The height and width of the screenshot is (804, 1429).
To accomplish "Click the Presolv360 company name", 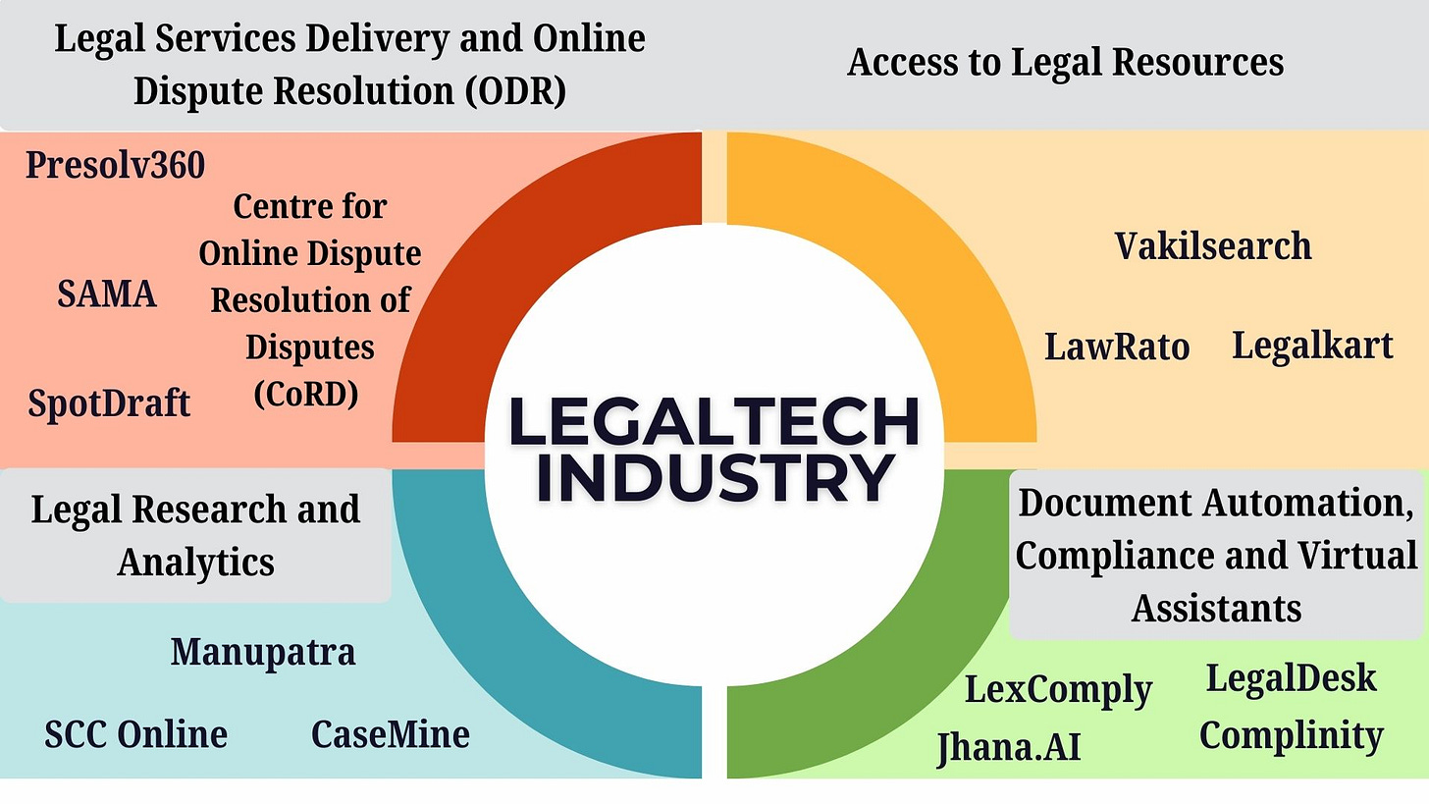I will coord(115,165).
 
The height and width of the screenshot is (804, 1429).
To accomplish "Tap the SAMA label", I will coord(106,294).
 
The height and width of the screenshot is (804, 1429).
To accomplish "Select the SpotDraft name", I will coord(109,402).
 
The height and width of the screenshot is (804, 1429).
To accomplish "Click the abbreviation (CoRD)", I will coord(306,394).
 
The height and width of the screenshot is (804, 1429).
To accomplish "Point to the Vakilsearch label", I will coord(1213,245).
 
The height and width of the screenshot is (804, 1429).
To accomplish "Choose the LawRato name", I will coord(1117,347).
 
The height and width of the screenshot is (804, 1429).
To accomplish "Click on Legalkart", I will coord(1312,345).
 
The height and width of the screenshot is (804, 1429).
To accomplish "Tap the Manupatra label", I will coord(263,652).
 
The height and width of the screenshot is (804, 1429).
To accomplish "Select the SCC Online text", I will coord(136,734).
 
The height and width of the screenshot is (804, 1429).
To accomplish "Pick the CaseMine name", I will coord(390,734).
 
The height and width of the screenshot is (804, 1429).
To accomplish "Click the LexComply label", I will coord(1058,689).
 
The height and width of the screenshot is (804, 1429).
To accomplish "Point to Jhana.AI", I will coord(1008,747).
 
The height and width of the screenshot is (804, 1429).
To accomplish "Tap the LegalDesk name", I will coord(1291,677).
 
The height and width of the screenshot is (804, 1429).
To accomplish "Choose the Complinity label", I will coord(1291,734).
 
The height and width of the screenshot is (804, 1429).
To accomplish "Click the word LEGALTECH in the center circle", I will coord(714,422).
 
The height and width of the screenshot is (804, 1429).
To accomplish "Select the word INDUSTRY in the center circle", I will coord(714,478).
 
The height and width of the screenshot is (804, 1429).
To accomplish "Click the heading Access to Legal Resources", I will coord(1065,63).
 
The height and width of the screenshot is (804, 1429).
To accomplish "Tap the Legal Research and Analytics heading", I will coord(195,535).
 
